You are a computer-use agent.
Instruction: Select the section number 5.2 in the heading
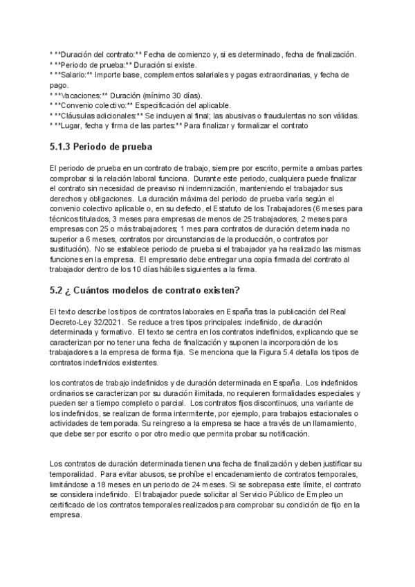pos(58,309)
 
